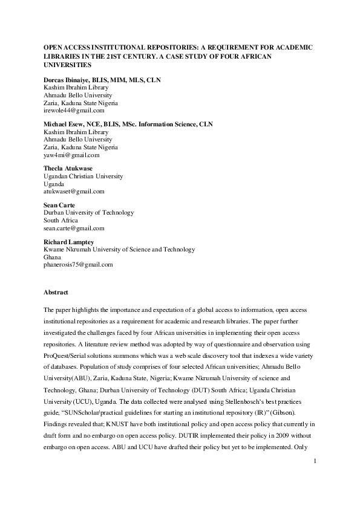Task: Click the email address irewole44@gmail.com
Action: [x=74, y=110]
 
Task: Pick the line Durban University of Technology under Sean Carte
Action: [x=89, y=213]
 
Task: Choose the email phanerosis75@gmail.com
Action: [x=79, y=265]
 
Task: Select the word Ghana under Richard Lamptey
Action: [x=53, y=257]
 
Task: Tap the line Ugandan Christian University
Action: [x=83, y=177]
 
